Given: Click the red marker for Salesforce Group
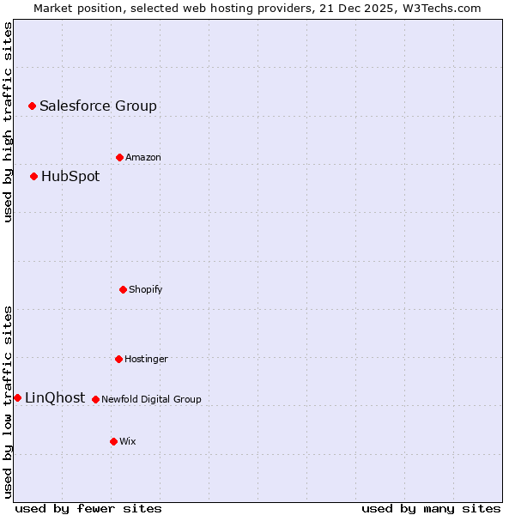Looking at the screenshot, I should coord(32,106).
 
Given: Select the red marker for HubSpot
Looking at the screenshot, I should coord(33,177).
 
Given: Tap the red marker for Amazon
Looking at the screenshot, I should coord(119,157).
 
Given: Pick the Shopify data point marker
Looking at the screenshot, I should coord(123,289).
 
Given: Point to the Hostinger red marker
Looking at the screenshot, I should coord(118,359).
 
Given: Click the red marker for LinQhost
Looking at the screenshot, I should coord(17,397).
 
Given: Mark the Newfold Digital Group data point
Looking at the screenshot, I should coord(95,399).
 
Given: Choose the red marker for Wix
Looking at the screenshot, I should coord(113,441).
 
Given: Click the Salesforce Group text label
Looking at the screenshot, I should coord(98,106).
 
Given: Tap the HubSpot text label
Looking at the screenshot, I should coord(70,177).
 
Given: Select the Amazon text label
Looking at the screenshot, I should coord(143,157).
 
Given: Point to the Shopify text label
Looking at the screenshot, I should coord(146,289).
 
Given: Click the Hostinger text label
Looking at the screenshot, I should coord(146,359).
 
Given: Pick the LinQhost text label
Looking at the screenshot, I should coord(55,398).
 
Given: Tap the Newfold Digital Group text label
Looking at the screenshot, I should coord(152,399).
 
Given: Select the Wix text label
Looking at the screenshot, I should coord(128,441).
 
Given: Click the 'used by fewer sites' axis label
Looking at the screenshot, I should coord(88,508).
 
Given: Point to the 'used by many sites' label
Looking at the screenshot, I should coord(431,508).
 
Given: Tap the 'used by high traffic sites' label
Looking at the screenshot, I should coord(8,122).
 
